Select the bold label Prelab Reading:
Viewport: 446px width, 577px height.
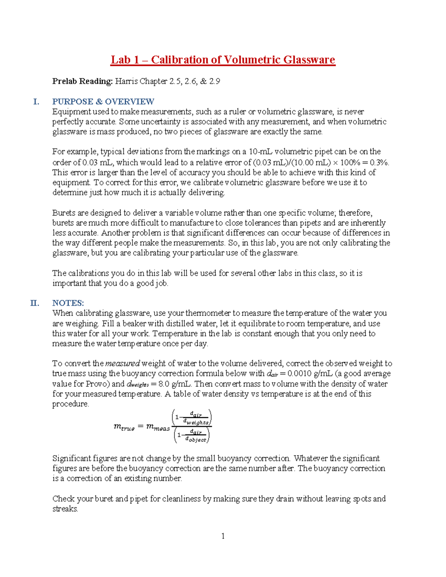82,81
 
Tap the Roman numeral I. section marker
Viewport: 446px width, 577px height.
36,102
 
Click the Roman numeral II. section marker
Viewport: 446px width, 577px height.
35,303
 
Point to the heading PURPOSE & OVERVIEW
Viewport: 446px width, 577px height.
103,102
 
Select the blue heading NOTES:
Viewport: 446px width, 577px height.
68,303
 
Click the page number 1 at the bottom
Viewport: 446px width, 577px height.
223,536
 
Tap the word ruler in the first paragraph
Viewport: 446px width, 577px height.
237,112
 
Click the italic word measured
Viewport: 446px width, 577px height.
123,364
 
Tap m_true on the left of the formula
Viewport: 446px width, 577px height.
124,427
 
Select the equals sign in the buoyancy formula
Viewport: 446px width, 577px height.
140,427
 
